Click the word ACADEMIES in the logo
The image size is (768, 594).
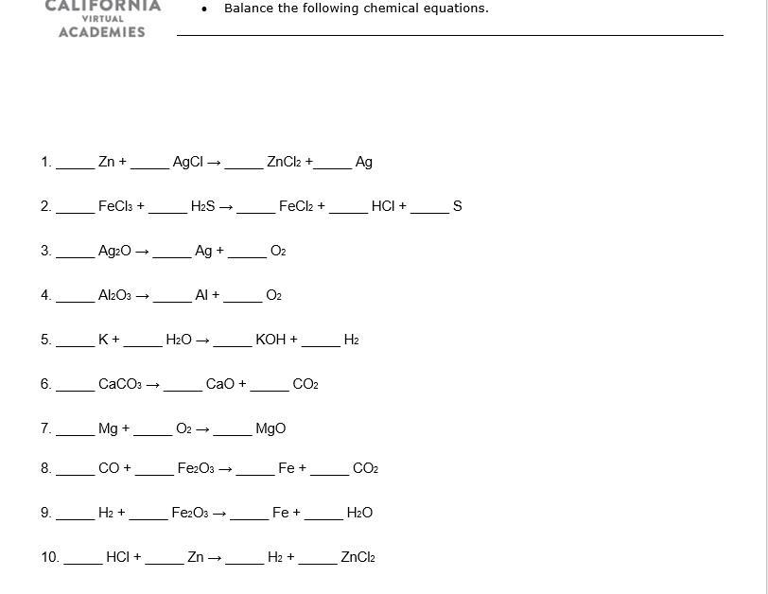pos(102,32)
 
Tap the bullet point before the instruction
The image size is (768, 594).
pos(205,9)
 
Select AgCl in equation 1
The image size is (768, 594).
pos(188,162)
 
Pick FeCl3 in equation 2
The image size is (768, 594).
pos(116,206)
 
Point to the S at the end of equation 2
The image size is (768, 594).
pos(458,206)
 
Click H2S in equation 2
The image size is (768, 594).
pos(203,206)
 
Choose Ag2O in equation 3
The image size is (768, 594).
pos(114,251)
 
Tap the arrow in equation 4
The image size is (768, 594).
pos(143,296)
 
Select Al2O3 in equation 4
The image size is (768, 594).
pos(114,295)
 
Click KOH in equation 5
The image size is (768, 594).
pos(271,340)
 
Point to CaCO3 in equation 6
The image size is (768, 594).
pos(120,384)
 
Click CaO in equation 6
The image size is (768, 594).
pos(220,384)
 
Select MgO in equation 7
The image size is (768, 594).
pos(271,428)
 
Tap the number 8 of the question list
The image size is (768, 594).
pos(45,468)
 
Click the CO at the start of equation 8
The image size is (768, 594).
pos(110,468)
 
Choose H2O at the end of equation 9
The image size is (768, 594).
pos(359,513)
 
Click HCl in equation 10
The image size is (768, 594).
pos(119,557)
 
